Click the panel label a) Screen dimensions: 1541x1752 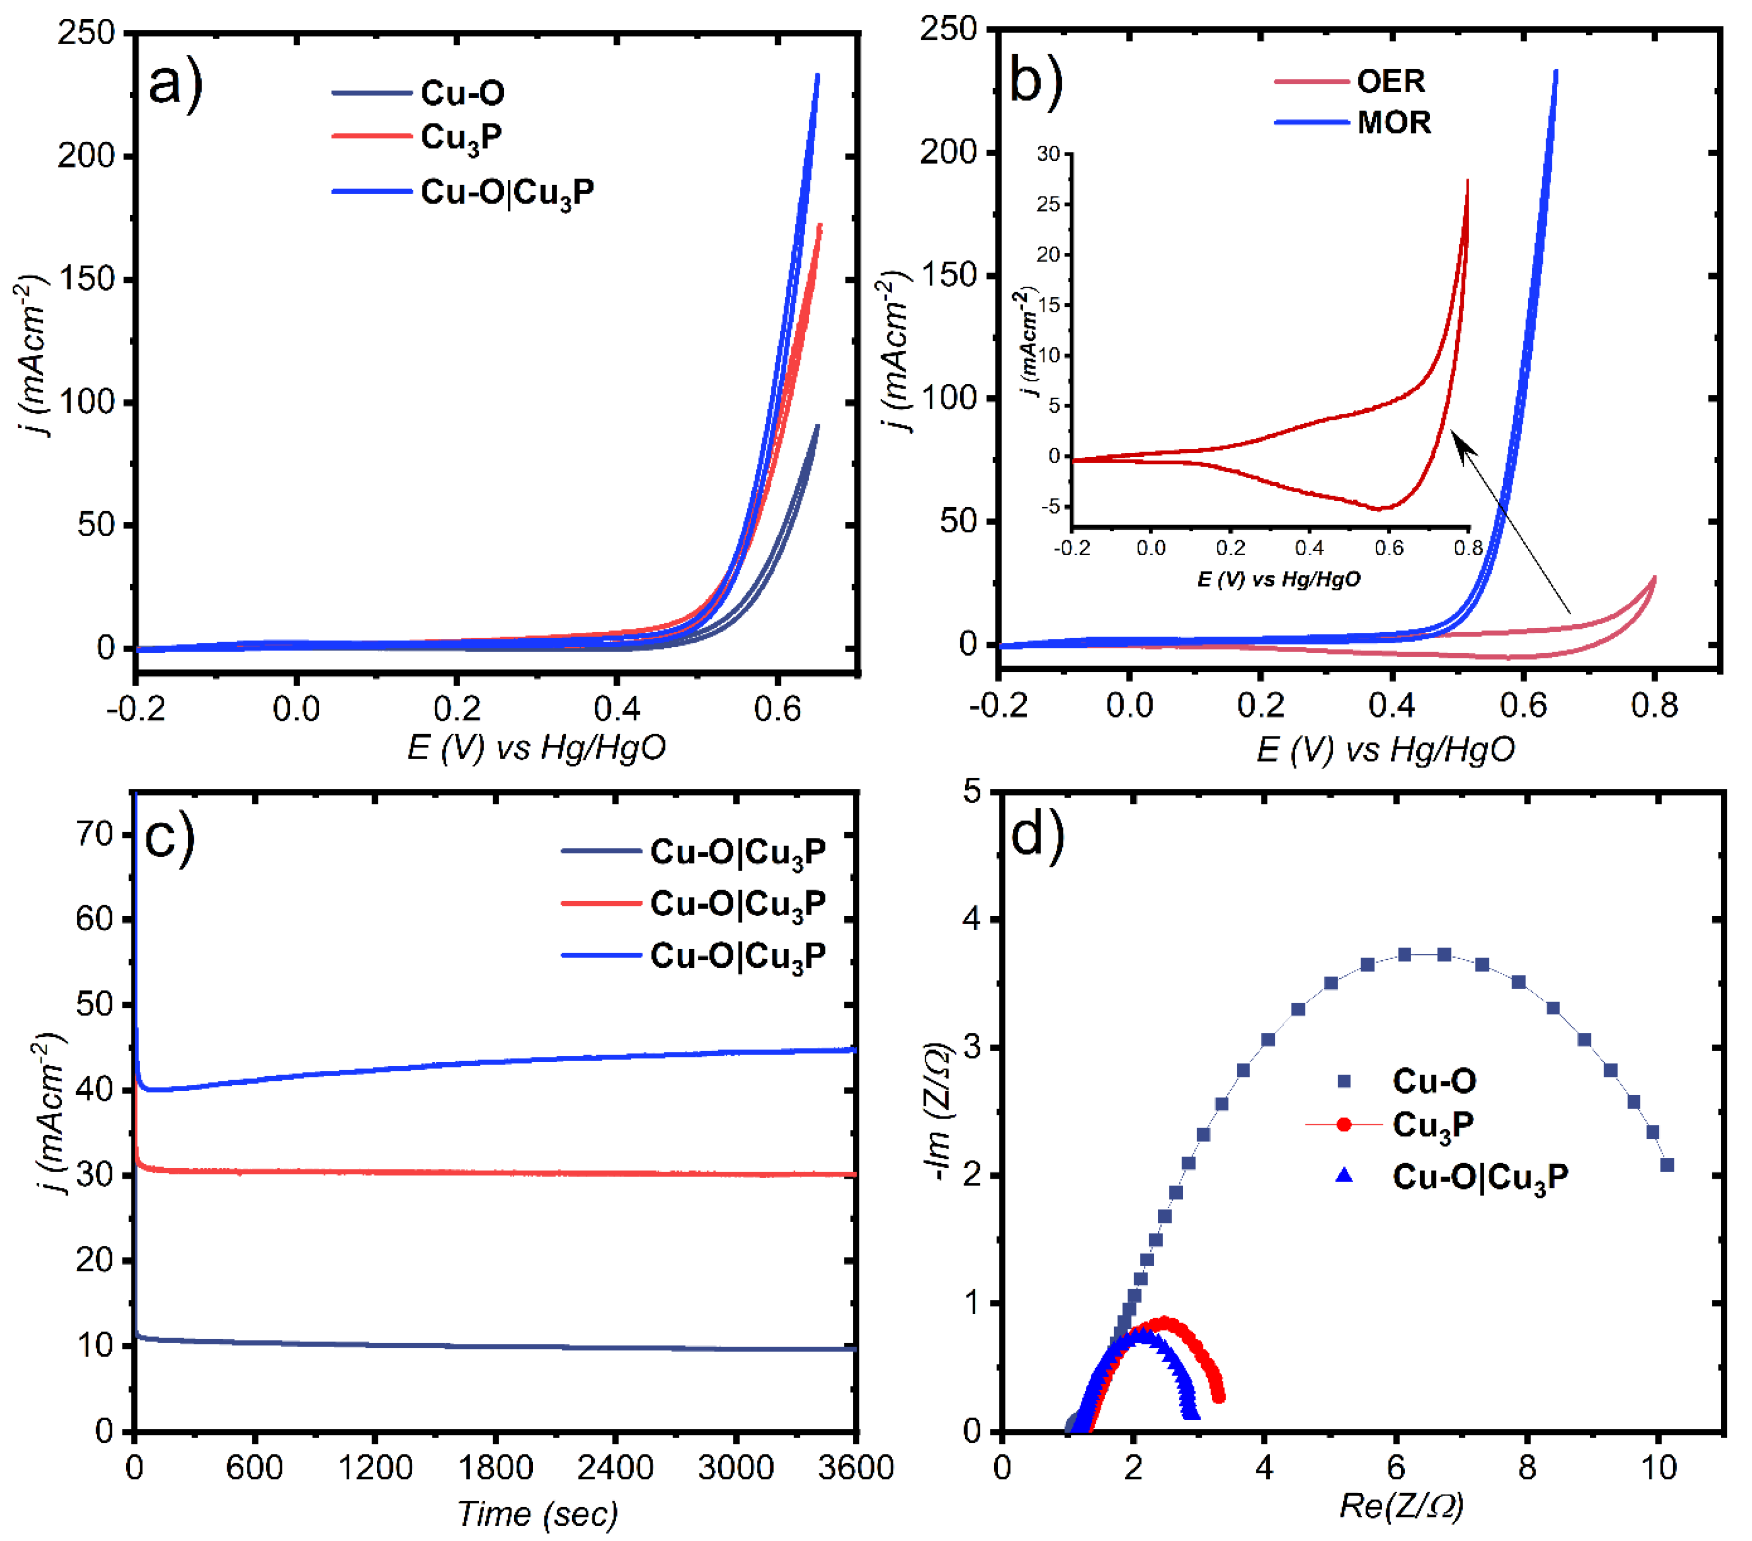click(x=175, y=84)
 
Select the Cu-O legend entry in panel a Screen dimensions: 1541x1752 click(x=461, y=92)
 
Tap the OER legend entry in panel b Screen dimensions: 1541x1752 click(x=1390, y=82)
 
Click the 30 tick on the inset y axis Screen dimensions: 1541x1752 click(x=1048, y=154)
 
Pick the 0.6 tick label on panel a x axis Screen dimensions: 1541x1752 click(x=777, y=710)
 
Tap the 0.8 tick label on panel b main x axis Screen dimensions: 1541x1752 click(x=1654, y=706)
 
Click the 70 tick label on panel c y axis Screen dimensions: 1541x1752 click(x=94, y=834)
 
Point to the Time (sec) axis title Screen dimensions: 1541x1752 click(x=537, y=1514)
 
